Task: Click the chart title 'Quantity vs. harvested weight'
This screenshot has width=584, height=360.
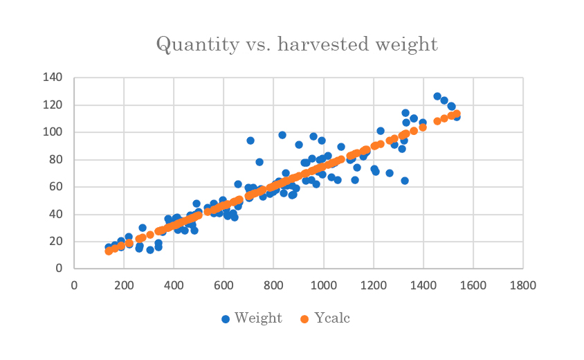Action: coord(297,44)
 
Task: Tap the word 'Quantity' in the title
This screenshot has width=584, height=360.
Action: coord(197,45)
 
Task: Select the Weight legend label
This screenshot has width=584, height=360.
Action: coord(258,318)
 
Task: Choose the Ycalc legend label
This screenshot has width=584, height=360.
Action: coord(332,318)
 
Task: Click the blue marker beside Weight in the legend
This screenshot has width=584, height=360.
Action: coord(226,319)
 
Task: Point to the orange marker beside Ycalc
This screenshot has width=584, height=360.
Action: coord(304,319)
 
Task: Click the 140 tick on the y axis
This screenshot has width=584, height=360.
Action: coord(53,78)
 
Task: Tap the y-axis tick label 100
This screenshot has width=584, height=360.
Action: coord(53,132)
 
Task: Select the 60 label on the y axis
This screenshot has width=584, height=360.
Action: coord(56,186)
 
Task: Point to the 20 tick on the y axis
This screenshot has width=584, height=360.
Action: coord(56,241)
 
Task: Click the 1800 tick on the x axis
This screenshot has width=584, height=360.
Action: coord(523,285)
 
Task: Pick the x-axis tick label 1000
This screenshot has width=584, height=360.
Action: coord(323,285)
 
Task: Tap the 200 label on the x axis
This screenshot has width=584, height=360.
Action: coord(124,285)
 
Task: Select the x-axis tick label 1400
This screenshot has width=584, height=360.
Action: coord(423,285)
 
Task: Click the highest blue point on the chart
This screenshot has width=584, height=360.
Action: coord(437,96)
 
